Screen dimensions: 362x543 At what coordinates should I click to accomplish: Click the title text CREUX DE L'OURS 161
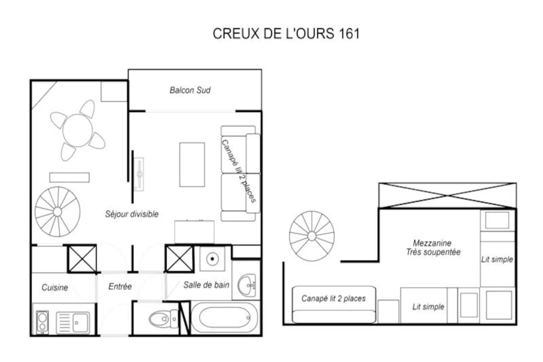[286, 33]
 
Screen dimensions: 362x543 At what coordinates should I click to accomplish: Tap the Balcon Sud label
[190, 90]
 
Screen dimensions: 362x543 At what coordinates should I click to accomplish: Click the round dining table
[77, 130]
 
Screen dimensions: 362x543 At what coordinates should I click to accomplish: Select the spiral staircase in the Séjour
[57, 212]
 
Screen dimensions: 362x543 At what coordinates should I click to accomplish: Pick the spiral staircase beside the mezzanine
[312, 236]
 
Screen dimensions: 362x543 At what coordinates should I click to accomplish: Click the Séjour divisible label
[132, 214]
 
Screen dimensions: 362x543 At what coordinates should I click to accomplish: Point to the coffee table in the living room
[192, 165]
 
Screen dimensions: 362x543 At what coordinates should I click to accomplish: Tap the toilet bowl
[159, 319]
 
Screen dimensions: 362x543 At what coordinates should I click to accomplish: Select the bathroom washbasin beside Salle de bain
[247, 285]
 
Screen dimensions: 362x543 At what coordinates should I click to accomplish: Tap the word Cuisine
[55, 288]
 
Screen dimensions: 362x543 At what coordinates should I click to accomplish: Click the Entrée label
[120, 287]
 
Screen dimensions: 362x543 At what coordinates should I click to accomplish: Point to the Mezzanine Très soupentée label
[433, 248]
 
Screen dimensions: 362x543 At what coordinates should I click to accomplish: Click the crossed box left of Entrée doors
[82, 259]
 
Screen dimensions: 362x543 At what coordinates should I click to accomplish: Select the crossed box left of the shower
[180, 259]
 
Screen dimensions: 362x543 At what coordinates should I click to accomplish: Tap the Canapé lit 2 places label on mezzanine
[333, 298]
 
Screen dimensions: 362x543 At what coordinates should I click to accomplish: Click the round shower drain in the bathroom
[212, 259]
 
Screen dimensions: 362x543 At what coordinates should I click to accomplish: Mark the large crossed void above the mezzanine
[447, 196]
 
